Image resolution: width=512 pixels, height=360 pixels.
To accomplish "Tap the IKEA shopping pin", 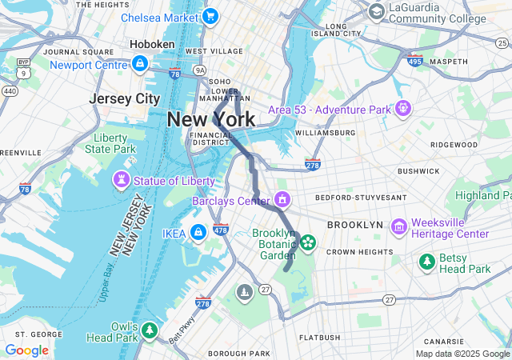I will click(198, 233).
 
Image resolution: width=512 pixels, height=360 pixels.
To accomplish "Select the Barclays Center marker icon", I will click(282, 198).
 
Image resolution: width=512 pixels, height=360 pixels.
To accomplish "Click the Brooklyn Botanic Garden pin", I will click(308, 241).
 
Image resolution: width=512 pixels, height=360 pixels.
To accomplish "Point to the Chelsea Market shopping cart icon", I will click(210, 16).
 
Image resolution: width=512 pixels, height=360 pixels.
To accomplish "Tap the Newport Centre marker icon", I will click(140, 63).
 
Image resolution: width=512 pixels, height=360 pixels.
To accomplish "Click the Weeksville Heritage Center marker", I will click(398, 228).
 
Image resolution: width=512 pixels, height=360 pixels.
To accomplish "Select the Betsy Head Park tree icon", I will click(427, 262).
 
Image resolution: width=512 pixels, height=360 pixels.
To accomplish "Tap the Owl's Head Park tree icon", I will click(150, 330).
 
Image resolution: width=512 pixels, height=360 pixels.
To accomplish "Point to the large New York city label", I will click(211, 120).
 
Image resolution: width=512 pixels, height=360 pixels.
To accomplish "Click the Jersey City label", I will click(125, 98).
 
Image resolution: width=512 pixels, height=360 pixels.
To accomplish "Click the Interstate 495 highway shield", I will click(414, 61).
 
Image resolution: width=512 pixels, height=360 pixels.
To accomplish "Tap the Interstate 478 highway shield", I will click(222, 230).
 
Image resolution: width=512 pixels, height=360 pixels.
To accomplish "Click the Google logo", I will click(26, 350).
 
